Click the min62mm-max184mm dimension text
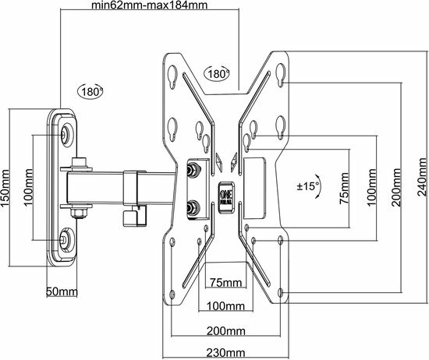click(x=150, y=5)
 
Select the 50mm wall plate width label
click(x=62, y=291)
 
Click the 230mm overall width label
click(x=225, y=353)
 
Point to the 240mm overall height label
click(x=423, y=177)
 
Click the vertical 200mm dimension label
click(x=396, y=187)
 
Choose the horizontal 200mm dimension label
click(x=225, y=331)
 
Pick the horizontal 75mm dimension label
click(x=225, y=282)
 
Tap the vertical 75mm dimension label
click(x=344, y=189)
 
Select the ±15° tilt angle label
click(x=308, y=186)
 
